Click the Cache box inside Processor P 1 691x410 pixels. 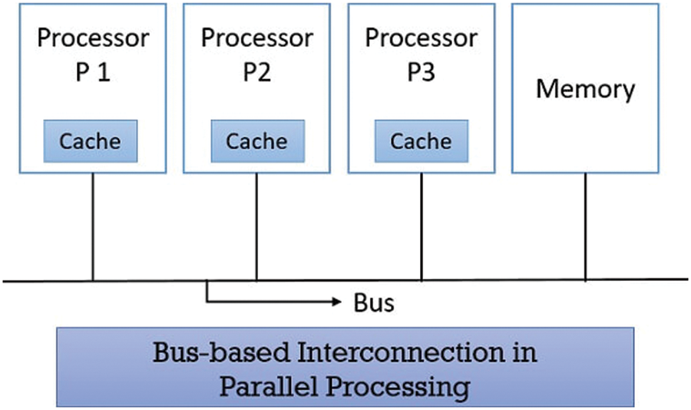click(90, 141)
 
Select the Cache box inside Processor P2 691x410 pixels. click(256, 141)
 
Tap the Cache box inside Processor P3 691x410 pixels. click(421, 141)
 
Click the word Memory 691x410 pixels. click(585, 89)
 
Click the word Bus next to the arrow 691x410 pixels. click(374, 303)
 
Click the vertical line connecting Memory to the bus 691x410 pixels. click(586, 226)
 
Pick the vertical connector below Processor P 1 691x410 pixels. click(93, 226)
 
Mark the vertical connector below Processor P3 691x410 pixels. click(422, 226)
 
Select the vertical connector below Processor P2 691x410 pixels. click(256, 226)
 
